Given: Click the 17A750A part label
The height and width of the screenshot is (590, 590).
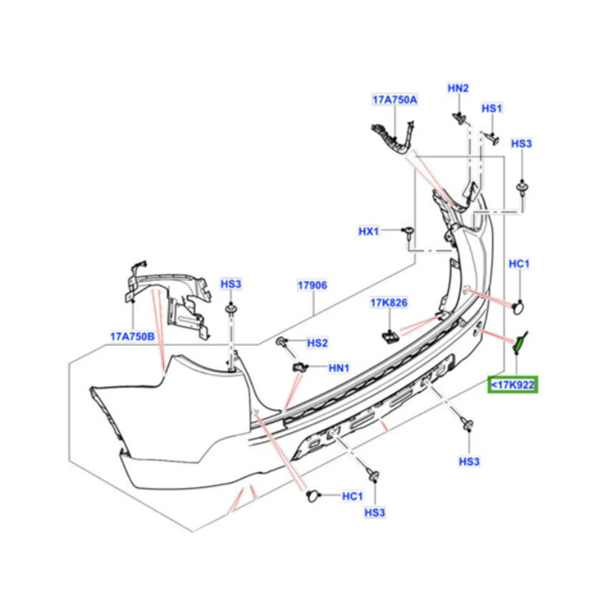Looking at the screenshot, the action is (x=394, y=100).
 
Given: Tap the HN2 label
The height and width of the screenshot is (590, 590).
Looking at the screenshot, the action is (x=458, y=88).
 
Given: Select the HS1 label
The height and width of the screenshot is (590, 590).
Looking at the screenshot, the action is (x=491, y=108).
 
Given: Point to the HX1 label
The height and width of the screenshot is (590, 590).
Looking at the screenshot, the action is (x=369, y=232).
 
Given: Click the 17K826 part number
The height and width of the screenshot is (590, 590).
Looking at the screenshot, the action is (x=389, y=303).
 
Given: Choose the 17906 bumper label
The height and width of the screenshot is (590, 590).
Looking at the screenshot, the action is (x=312, y=285).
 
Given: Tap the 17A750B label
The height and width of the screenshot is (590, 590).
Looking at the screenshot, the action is (x=132, y=337).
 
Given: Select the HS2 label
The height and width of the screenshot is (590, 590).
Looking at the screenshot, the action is (x=317, y=343).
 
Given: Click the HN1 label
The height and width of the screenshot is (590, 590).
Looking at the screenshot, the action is (x=339, y=368).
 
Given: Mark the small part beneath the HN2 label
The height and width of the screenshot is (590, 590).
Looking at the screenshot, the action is (x=459, y=118).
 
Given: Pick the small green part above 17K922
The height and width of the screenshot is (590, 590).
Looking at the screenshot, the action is (x=518, y=342).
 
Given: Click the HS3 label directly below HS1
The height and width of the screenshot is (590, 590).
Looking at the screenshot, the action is (x=521, y=143).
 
